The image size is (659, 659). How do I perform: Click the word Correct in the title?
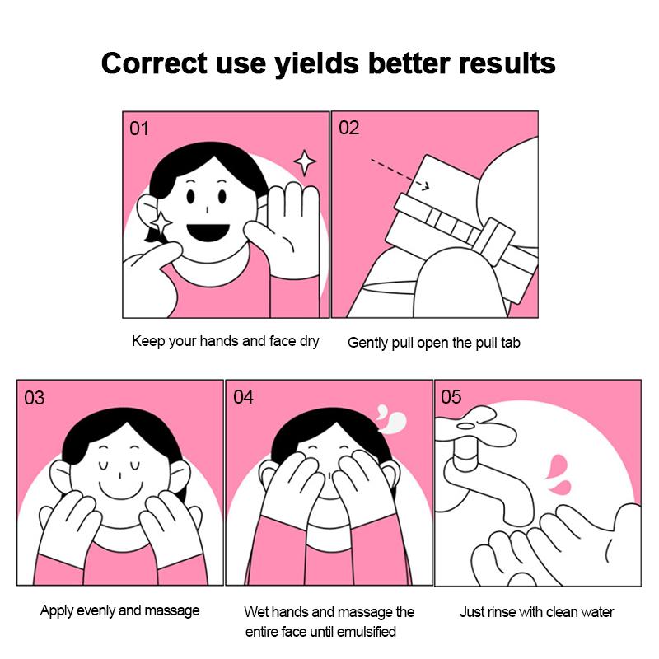tap(154, 63)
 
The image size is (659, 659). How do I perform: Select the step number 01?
tap(139, 129)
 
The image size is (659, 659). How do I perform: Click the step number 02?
tap(348, 128)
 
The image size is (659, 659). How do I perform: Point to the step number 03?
tap(34, 398)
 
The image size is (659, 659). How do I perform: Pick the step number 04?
tap(243, 397)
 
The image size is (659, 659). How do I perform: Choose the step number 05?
tap(451, 397)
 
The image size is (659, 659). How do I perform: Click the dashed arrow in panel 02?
tap(400, 174)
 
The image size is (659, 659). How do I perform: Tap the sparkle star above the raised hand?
tap(305, 162)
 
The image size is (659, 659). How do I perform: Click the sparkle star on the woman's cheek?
tap(161, 222)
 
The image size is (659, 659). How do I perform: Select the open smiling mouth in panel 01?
tap(208, 232)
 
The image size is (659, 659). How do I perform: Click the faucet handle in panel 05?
tap(475, 427)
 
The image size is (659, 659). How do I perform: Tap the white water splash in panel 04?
tap(392, 418)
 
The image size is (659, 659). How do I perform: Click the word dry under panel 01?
tap(310, 342)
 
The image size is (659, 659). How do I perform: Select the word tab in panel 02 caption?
tap(511, 343)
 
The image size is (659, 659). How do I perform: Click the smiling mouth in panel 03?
tap(120, 490)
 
